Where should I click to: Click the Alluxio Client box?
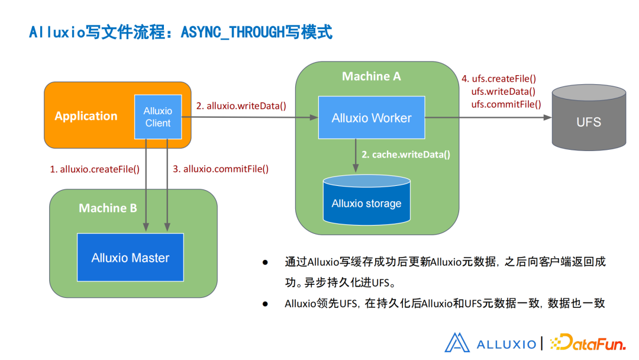(157, 117)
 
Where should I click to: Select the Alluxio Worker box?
(372, 118)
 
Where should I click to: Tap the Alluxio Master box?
(130, 258)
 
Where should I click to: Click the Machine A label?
(371, 76)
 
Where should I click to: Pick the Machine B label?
(108, 208)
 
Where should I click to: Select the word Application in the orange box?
(86, 116)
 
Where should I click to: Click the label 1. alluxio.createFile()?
(95, 169)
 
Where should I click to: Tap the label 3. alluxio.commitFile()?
(221, 169)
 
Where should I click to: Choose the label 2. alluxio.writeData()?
(241, 106)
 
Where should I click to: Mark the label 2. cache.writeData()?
(406, 155)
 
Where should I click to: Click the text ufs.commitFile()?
(506, 104)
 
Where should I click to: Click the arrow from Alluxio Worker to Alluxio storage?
(355, 155)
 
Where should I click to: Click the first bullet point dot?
(265, 261)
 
